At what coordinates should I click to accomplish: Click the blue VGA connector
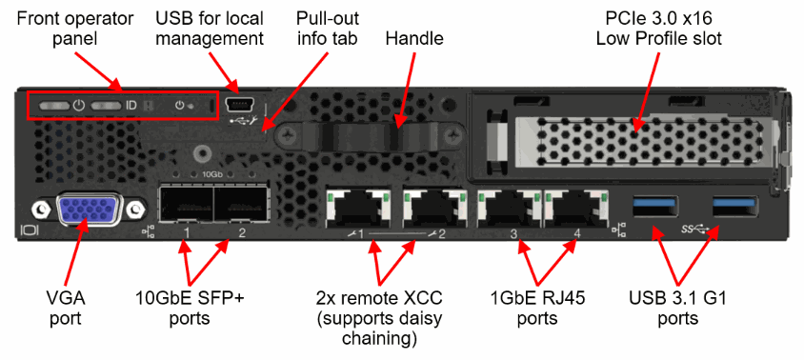86,209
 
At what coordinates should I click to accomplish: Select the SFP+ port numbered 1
186,204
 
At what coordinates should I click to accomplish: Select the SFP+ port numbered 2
240,204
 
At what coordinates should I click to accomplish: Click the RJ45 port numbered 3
508,208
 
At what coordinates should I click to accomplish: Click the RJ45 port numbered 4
575,208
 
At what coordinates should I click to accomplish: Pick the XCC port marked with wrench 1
356,208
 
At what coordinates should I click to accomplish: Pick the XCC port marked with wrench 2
434,208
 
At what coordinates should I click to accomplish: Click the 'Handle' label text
414,38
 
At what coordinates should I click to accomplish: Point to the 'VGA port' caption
65,308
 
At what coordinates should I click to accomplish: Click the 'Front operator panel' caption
75,29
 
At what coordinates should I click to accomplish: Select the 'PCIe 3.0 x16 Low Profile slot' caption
658,29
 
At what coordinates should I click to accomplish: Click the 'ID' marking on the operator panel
131,106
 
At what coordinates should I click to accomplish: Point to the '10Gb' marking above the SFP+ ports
211,174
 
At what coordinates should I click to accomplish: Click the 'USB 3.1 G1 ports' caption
677,308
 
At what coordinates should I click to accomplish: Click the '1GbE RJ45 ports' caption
537,308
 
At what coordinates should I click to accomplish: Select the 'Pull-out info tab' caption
327,29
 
